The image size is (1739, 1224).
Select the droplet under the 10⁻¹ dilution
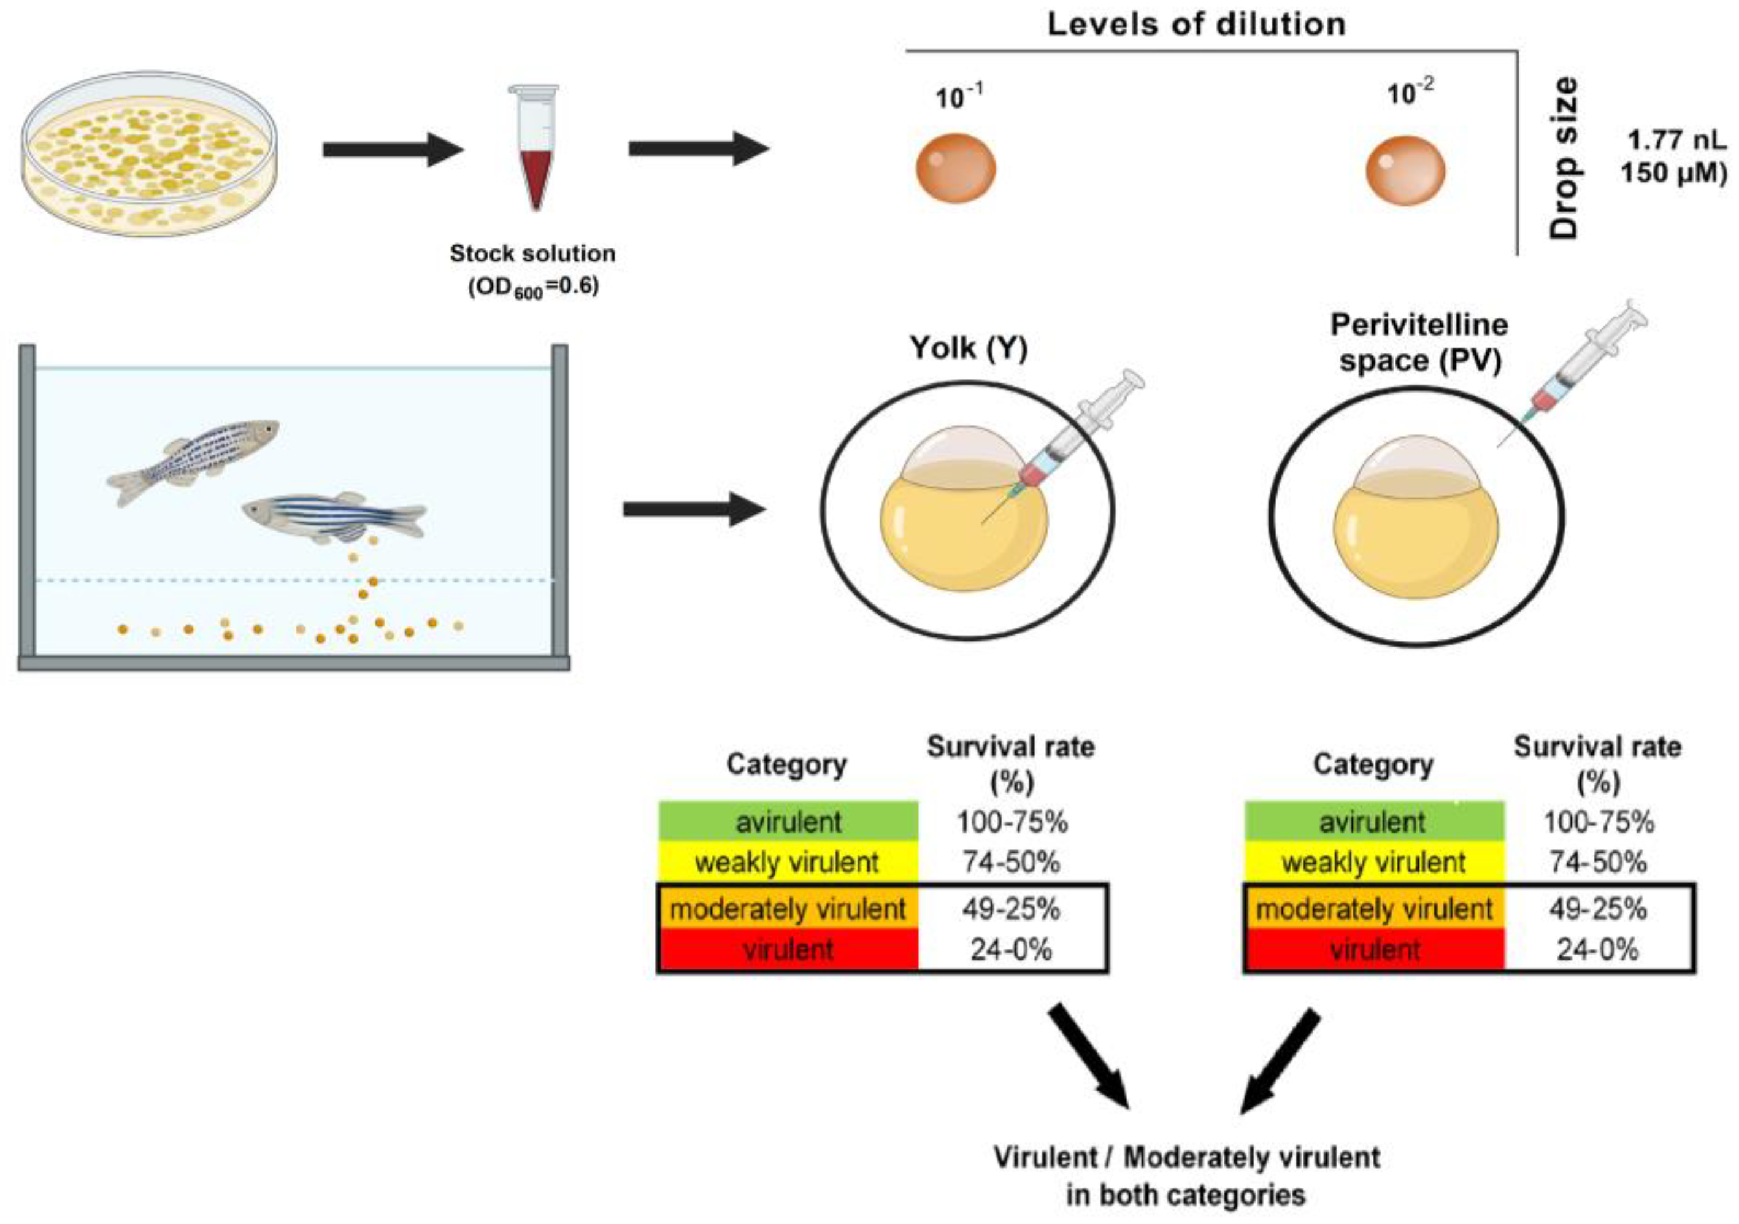coord(956,168)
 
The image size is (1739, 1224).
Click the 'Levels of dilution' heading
coord(1196,25)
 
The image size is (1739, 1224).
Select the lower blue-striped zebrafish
coord(333,514)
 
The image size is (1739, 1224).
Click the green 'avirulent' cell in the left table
coord(788,822)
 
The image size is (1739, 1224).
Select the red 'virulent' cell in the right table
coord(1374,950)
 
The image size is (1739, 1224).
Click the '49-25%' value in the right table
coord(1597,908)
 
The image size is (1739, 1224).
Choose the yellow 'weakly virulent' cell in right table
coord(1374,862)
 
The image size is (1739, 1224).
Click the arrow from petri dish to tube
coord(393,149)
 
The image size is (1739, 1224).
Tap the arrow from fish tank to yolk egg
coord(693,509)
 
